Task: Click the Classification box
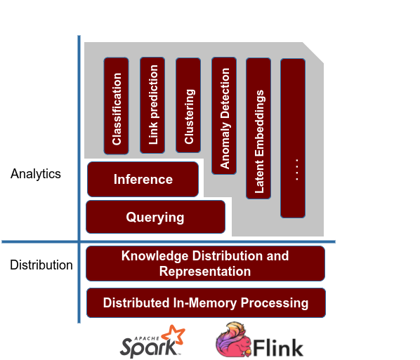pos(116,106)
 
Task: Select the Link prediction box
pos(152,105)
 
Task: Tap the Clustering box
pos(188,105)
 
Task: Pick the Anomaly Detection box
pos(224,116)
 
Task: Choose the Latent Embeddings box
pos(258,128)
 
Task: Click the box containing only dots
pos(293,138)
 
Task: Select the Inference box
pos(143,180)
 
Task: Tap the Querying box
pos(155,217)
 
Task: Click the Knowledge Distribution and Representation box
pos(205,263)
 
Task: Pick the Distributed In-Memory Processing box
pos(205,303)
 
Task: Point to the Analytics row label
pos(36,174)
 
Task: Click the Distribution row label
pos(41,265)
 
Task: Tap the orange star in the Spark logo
pos(173,335)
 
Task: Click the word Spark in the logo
pos(144,346)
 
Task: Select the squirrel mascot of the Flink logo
pos(236,340)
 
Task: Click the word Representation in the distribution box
pos(205,271)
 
